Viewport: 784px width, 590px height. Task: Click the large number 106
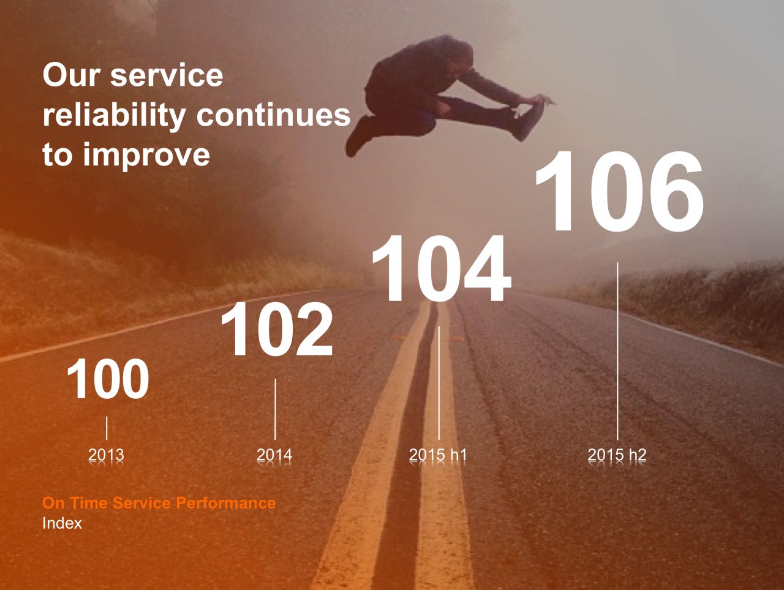pos(619,191)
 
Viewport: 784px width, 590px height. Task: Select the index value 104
pos(442,268)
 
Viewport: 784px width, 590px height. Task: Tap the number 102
pos(277,329)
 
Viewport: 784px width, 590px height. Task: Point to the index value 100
pos(108,379)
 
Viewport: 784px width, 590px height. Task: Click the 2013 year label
pos(106,455)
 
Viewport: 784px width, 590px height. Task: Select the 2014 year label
pos(274,455)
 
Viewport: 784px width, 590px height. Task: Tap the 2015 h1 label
pos(437,455)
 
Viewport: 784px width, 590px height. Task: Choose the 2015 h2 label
pos(617,455)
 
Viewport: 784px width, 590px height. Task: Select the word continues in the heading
pos(273,115)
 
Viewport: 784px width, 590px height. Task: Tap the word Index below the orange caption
pos(62,523)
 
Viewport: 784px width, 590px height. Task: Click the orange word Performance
pos(226,503)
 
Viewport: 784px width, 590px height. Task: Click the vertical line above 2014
pos(275,409)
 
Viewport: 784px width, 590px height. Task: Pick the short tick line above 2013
pos(107,428)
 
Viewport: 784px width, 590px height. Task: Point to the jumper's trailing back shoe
pos(358,137)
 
